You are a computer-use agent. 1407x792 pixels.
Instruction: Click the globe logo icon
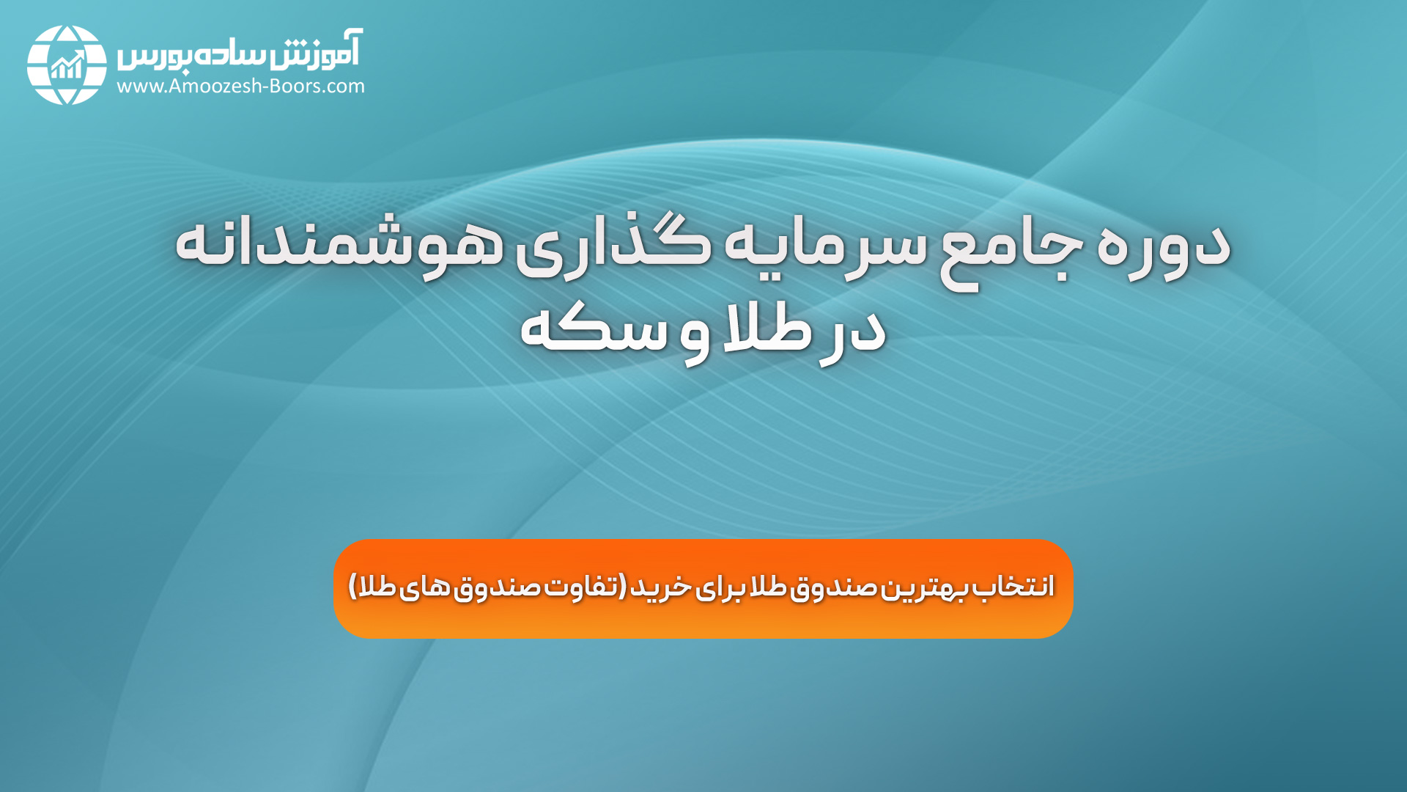[67, 65]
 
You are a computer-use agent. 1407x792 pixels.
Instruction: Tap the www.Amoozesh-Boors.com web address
[240, 87]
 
